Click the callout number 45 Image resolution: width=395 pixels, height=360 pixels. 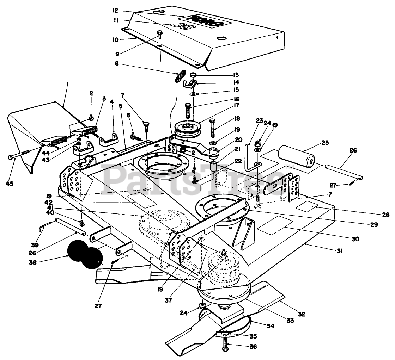(9, 184)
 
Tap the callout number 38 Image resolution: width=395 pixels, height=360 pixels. (33, 262)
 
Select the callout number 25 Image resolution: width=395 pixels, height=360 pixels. (325, 143)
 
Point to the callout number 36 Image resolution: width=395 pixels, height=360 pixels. (253, 346)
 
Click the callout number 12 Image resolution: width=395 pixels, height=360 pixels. (116, 11)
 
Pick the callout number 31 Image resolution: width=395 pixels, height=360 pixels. (340, 251)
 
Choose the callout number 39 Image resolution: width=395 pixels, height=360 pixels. (35, 245)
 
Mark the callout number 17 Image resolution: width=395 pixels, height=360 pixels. (237, 105)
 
